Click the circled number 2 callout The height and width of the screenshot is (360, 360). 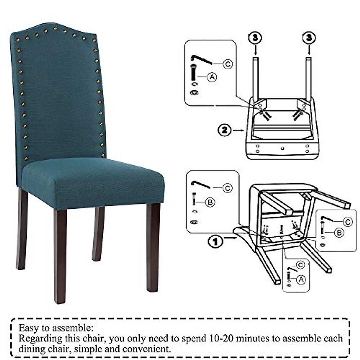(224, 130)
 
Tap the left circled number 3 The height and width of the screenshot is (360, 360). (255, 38)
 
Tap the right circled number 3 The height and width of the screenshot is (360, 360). (309, 38)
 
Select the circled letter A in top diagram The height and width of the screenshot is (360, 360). (212, 77)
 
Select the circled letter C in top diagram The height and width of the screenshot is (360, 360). (228, 64)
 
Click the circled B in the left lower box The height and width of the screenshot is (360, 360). (210, 202)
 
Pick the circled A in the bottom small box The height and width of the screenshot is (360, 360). (301, 280)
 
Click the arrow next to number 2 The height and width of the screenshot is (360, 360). (239, 130)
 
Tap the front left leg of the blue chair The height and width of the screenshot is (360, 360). (60, 255)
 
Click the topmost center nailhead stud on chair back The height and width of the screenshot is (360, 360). (55, 29)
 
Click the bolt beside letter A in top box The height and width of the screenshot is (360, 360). (193, 72)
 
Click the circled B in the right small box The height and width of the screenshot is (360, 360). (339, 233)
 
